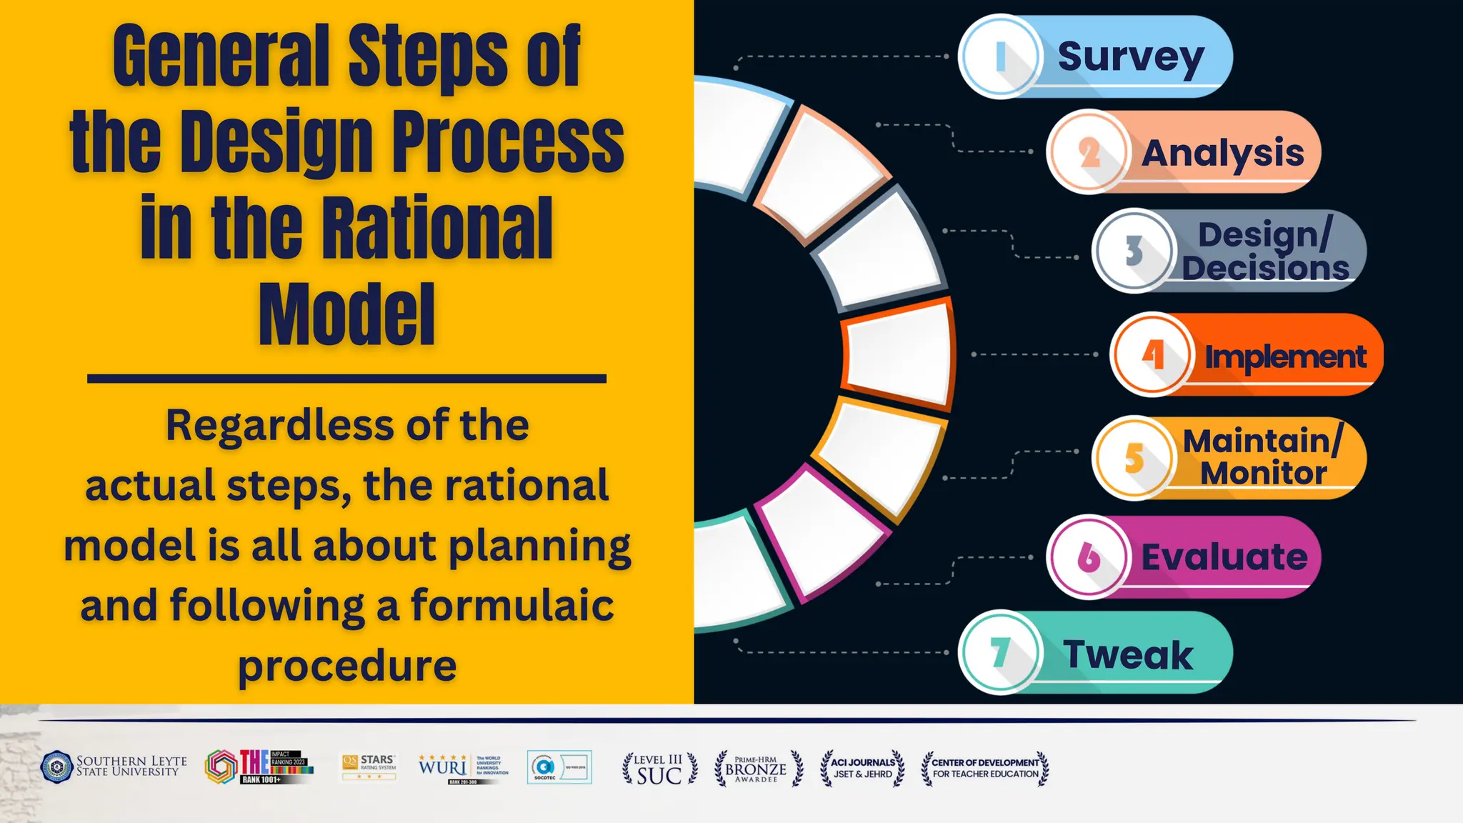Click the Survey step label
tap(1131, 56)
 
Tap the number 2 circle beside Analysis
tap(1089, 152)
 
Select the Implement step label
tap(1285, 356)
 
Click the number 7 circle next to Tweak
tap(1000, 652)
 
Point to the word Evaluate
tap(1224, 557)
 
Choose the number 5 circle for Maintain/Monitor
tap(1134, 458)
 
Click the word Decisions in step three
tap(1265, 268)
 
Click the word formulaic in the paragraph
tap(512, 605)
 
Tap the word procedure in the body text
tap(347, 665)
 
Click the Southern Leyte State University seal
tap(57, 767)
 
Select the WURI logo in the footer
tap(444, 767)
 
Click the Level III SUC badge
tap(659, 769)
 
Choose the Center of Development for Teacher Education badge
tap(985, 768)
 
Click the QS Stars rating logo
tap(369, 767)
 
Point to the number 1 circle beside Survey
tap(1000, 56)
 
